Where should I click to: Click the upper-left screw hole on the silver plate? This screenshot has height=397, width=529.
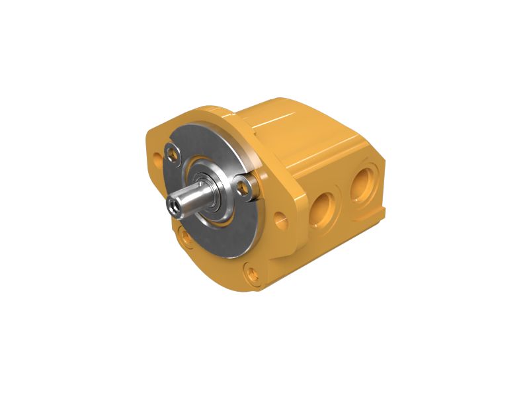tap(174, 154)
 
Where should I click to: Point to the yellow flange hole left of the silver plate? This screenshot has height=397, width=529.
tap(156, 160)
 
